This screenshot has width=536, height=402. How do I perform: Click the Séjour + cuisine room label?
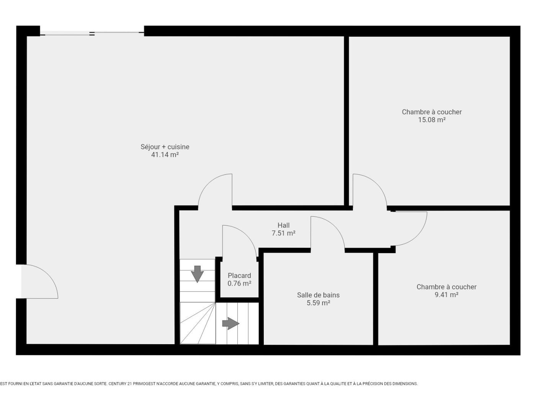click(x=165, y=147)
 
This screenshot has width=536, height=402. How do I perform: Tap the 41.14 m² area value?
click(x=165, y=155)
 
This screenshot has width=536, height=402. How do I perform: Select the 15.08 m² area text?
click(x=432, y=120)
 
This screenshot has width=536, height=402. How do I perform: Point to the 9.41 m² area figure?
click(x=446, y=294)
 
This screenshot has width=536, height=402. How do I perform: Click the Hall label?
click(x=284, y=225)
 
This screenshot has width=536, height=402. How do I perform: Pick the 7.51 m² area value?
click(x=284, y=233)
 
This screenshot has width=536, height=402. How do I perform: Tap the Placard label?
click(x=239, y=276)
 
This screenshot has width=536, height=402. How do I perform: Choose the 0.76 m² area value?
click(x=239, y=283)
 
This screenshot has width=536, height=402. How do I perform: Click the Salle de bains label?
click(x=318, y=295)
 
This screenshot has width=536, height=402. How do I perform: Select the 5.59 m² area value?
click(x=318, y=303)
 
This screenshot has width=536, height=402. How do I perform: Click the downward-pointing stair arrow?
click(x=197, y=274)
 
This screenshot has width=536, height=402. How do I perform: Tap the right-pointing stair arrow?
click(x=230, y=324)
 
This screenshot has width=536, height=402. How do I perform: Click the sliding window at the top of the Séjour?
click(x=92, y=33)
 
